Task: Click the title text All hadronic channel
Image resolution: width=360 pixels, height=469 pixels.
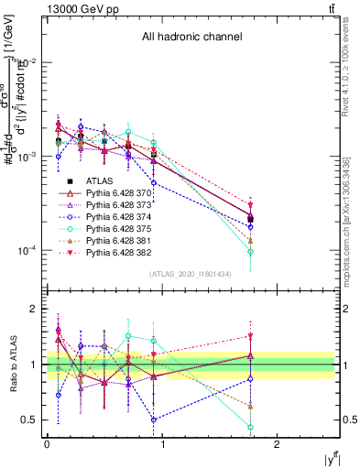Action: (191, 38)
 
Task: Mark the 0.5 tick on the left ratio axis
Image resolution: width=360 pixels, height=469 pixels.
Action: (32, 420)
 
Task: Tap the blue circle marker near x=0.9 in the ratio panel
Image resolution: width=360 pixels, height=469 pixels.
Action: (154, 420)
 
